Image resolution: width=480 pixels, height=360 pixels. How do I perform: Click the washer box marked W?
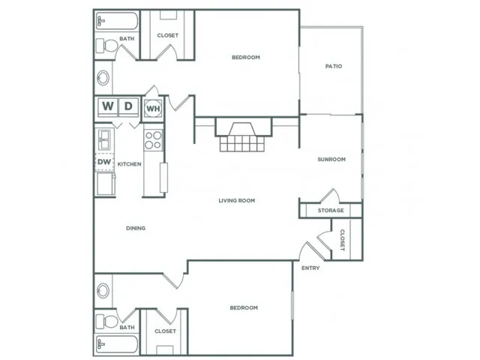107,107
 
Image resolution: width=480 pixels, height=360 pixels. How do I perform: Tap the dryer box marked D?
128,107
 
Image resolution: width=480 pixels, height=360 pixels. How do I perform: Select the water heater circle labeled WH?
153,109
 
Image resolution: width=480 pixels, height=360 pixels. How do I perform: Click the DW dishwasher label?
103,161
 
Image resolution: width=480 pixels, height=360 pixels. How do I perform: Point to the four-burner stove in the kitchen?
153,140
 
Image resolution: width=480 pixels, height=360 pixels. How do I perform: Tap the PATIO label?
334,66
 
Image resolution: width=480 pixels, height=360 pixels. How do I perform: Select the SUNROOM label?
331,159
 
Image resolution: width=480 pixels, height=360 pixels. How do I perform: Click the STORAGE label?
331,211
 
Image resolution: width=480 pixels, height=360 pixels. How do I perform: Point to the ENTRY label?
310,268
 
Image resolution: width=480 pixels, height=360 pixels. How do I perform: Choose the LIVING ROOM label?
237,200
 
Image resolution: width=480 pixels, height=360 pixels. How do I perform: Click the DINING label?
136,228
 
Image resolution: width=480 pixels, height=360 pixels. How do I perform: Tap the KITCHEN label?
129,164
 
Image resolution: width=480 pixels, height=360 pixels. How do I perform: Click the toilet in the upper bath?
106,47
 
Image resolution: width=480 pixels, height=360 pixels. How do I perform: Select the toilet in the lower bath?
106,322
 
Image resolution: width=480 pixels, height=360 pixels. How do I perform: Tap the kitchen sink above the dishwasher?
103,139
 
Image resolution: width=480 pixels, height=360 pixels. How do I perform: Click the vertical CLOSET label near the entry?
342,241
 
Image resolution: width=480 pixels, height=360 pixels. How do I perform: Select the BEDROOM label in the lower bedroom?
243,307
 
